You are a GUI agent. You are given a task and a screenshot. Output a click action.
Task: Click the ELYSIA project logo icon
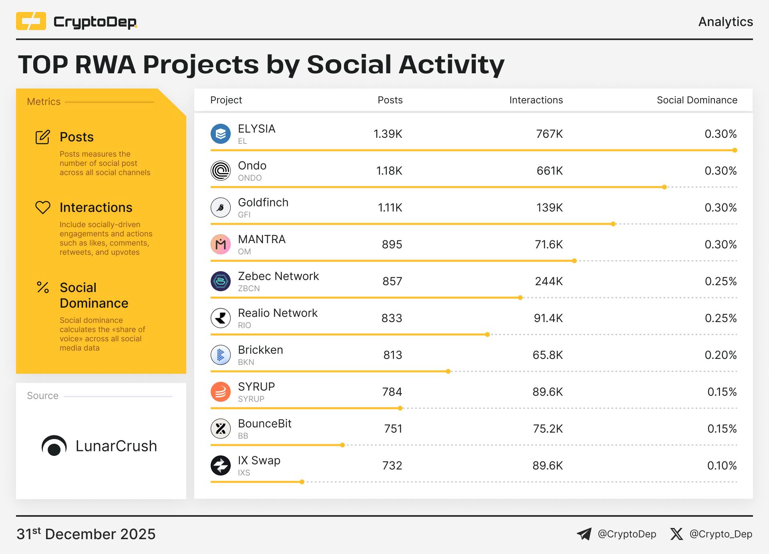click(x=221, y=134)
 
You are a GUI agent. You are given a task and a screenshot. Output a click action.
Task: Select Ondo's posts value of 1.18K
click(x=389, y=171)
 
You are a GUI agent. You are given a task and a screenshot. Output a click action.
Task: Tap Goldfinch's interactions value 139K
click(x=550, y=208)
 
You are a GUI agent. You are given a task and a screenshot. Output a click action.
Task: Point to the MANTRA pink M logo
click(x=221, y=244)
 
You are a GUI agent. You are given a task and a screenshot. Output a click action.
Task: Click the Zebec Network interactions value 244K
click(x=549, y=282)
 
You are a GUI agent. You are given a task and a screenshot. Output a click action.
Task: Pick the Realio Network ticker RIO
click(x=244, y=325)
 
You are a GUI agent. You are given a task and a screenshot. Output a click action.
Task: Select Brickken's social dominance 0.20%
click(x=721, y=355)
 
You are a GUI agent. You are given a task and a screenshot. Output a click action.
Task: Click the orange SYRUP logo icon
click(x=221, y=392)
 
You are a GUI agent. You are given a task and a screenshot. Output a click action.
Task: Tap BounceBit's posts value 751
click(x=393, y=429)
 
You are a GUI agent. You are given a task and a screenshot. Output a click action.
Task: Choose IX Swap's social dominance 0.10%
click(x=722, y=466)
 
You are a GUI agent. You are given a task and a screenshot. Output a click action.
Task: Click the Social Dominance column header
click(x=697, y=100)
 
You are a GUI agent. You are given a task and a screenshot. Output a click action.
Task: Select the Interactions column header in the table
click(x=536, y=100)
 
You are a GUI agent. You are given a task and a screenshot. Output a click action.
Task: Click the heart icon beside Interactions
click(x=43, y=207)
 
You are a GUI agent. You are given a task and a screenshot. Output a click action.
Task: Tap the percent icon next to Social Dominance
click(x=43, y=287)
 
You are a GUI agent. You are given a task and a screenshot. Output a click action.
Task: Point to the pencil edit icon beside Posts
click(x=43, y=137)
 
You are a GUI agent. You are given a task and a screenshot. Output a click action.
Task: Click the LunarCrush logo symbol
click(x=54, y=446)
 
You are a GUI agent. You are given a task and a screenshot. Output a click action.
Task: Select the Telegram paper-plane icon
click(x=584, y=534)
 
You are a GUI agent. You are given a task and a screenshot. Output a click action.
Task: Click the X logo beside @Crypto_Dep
click(x=676, y=534)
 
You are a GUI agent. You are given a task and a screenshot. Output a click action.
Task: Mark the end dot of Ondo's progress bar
click(x=664, y=187)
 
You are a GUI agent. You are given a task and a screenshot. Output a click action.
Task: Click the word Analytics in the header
click(x=725, y=22)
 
